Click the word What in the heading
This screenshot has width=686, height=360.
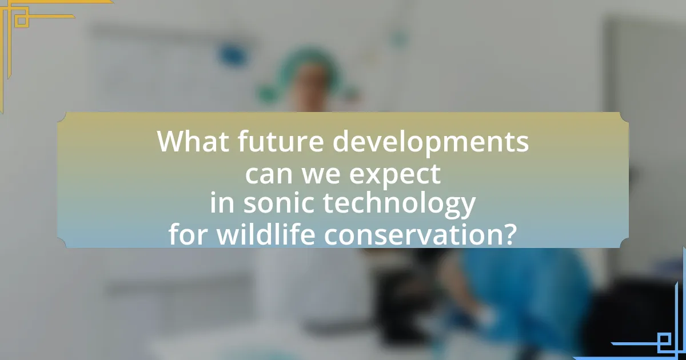coord(193,141)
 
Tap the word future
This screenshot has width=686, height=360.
coord(281,141)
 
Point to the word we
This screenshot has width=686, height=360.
coord(321,174)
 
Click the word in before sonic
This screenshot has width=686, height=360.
coord(222,203)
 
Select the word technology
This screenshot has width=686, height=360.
coord(400,204)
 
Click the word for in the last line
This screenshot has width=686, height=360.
coord(188,234)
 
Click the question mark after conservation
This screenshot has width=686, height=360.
coord(508,234)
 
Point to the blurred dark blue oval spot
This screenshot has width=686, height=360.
coord(233,55)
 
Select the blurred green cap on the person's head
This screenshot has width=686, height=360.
coord(309,64)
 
